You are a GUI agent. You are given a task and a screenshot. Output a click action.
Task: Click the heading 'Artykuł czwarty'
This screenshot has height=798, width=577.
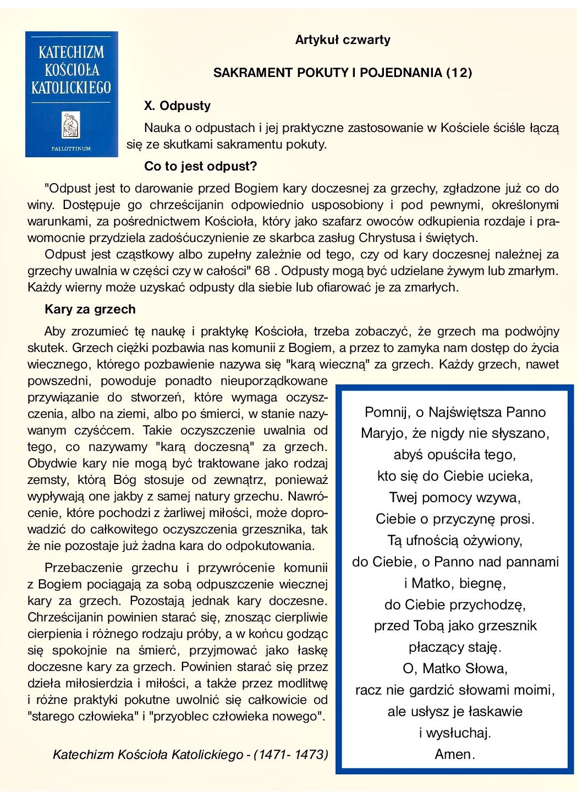(343, 40)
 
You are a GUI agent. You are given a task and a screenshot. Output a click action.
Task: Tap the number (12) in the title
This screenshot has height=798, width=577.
(459, 73)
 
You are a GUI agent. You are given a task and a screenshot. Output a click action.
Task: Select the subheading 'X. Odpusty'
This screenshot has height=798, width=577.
(177, 106)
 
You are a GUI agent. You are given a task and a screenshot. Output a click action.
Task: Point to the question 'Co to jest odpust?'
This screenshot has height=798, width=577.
(200, 166)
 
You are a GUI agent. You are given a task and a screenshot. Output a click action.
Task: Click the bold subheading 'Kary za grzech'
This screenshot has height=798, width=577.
(90, 309)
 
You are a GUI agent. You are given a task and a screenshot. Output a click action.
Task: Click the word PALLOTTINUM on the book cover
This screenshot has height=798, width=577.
(71, 148)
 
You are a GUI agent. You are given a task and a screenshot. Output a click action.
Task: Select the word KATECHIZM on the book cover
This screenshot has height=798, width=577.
(71, 53)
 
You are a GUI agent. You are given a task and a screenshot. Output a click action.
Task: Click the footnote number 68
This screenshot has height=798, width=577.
(263, 271)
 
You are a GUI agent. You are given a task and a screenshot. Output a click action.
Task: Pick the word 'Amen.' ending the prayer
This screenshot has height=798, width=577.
(455, 754)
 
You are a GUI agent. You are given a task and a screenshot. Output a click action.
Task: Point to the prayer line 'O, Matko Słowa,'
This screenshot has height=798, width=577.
(455, 668)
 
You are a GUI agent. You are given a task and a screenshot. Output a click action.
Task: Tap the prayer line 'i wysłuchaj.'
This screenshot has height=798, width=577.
(455, 733)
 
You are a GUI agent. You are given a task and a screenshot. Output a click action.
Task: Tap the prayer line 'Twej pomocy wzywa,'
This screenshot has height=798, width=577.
(455, 497)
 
